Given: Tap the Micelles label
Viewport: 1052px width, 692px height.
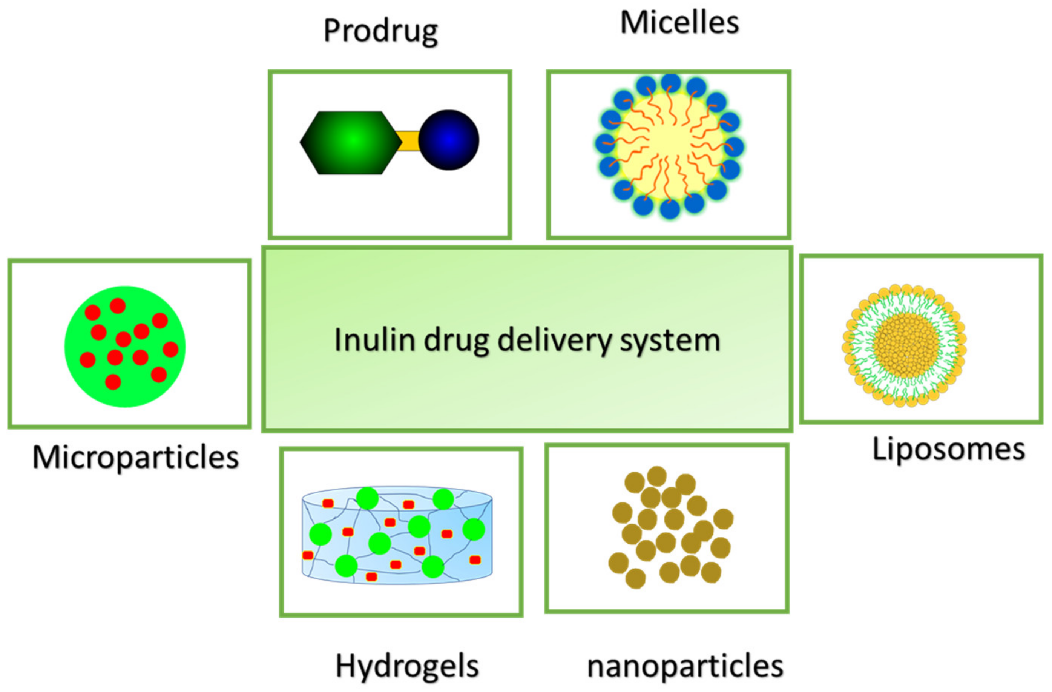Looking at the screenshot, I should point(679,23).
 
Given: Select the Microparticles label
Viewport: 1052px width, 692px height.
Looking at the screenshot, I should point(136,457).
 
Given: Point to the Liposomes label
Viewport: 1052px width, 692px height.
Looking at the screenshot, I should point(949,450).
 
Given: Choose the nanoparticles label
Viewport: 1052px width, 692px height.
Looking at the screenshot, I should point(685,666).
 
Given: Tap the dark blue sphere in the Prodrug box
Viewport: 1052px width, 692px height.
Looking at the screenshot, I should point(449,140).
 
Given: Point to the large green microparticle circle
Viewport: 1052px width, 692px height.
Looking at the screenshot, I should point(125,347).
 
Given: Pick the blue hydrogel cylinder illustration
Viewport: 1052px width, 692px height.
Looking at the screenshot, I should point(397,536).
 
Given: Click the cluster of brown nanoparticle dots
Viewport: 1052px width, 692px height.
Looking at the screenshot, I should point(670,527).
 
